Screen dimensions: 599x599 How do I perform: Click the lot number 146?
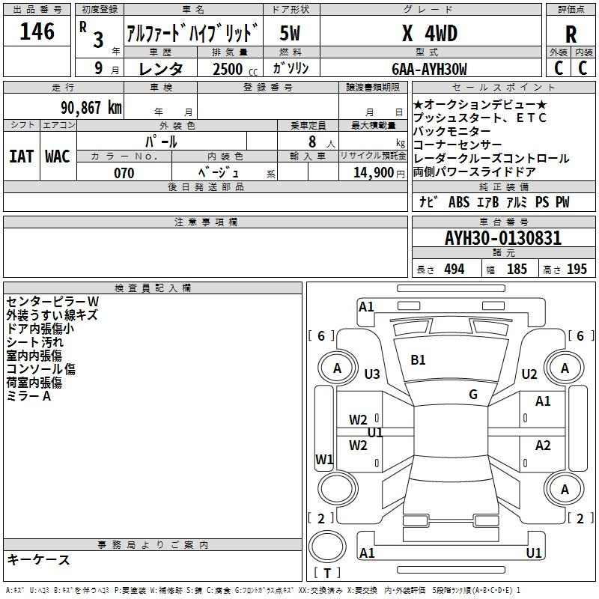(37, 31)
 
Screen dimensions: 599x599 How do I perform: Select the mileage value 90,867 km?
(91, 108)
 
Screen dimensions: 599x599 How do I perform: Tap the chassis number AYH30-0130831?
(503, 238)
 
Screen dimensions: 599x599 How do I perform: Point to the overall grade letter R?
(571, 34)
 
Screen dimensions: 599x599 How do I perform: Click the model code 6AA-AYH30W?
(429, 69)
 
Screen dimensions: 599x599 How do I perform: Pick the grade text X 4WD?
(430, 33)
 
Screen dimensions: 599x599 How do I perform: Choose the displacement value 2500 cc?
(235, 69)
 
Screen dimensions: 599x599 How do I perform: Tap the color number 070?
(124, 173)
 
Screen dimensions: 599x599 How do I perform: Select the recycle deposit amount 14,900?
(374, 172)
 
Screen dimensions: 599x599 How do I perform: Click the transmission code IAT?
(21, 156)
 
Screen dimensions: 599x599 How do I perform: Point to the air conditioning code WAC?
(58, 156)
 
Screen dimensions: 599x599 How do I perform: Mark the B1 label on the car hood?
(418, 360)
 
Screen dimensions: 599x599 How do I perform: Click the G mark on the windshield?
(473, 394)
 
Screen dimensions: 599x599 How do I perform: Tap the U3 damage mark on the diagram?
(372, 374)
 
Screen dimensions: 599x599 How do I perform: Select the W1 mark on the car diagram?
(324, 459)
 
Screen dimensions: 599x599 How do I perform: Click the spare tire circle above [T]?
(327, 547)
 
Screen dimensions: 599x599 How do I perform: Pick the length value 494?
(454, 270)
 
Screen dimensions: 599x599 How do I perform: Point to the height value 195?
(577, 270)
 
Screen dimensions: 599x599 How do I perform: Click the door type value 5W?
(290, 33)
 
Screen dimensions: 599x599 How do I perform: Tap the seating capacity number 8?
(312, 142)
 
